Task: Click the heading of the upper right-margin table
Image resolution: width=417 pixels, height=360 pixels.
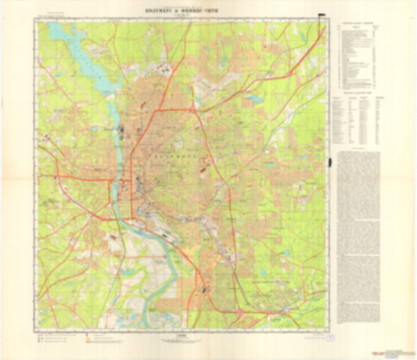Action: coord(356,23)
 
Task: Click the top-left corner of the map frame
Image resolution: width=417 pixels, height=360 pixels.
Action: coord(34,20)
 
